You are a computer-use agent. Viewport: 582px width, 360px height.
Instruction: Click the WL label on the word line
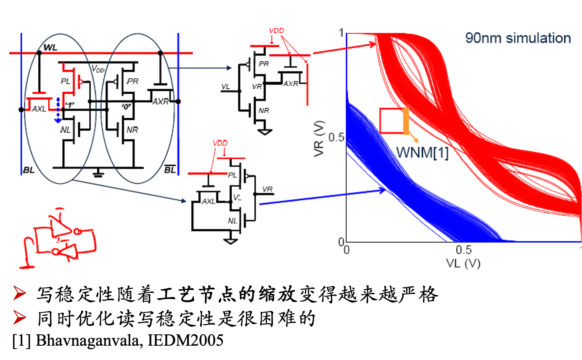tap(50, 48)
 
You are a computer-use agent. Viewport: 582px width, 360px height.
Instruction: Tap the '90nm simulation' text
tap(518, 38)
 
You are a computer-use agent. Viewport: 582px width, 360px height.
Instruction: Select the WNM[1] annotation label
tap(423, 152)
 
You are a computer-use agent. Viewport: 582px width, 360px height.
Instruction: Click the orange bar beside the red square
tap(406, 121)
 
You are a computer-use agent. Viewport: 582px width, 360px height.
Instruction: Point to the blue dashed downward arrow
tap(58, 110)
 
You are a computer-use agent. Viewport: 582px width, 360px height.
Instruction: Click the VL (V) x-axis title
tap(463, 263)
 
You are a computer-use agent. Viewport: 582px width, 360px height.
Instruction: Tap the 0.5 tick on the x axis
tap(463, 250)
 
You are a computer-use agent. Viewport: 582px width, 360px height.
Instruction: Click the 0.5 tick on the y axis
tap(336, 138)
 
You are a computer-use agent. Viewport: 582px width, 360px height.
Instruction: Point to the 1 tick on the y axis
tap(341, 33)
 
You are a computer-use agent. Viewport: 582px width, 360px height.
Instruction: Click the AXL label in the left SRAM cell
tap(39, 109)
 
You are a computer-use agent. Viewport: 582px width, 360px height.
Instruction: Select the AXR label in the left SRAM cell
tap(161, 101)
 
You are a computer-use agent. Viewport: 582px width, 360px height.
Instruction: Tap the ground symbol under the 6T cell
tap(98, 173)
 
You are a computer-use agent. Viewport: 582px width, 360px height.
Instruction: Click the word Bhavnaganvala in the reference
tap(89, 340)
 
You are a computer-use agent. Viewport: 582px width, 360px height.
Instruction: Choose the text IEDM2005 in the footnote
tap(185, 340)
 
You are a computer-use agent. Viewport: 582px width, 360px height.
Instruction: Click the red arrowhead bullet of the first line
tap(19, 293)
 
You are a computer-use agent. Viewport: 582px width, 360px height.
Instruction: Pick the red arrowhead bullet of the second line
tap(19, 318)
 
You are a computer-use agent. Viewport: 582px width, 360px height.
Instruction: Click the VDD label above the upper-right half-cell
tap(277, 31)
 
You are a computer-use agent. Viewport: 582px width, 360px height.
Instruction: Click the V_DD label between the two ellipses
tap(98, 69)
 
